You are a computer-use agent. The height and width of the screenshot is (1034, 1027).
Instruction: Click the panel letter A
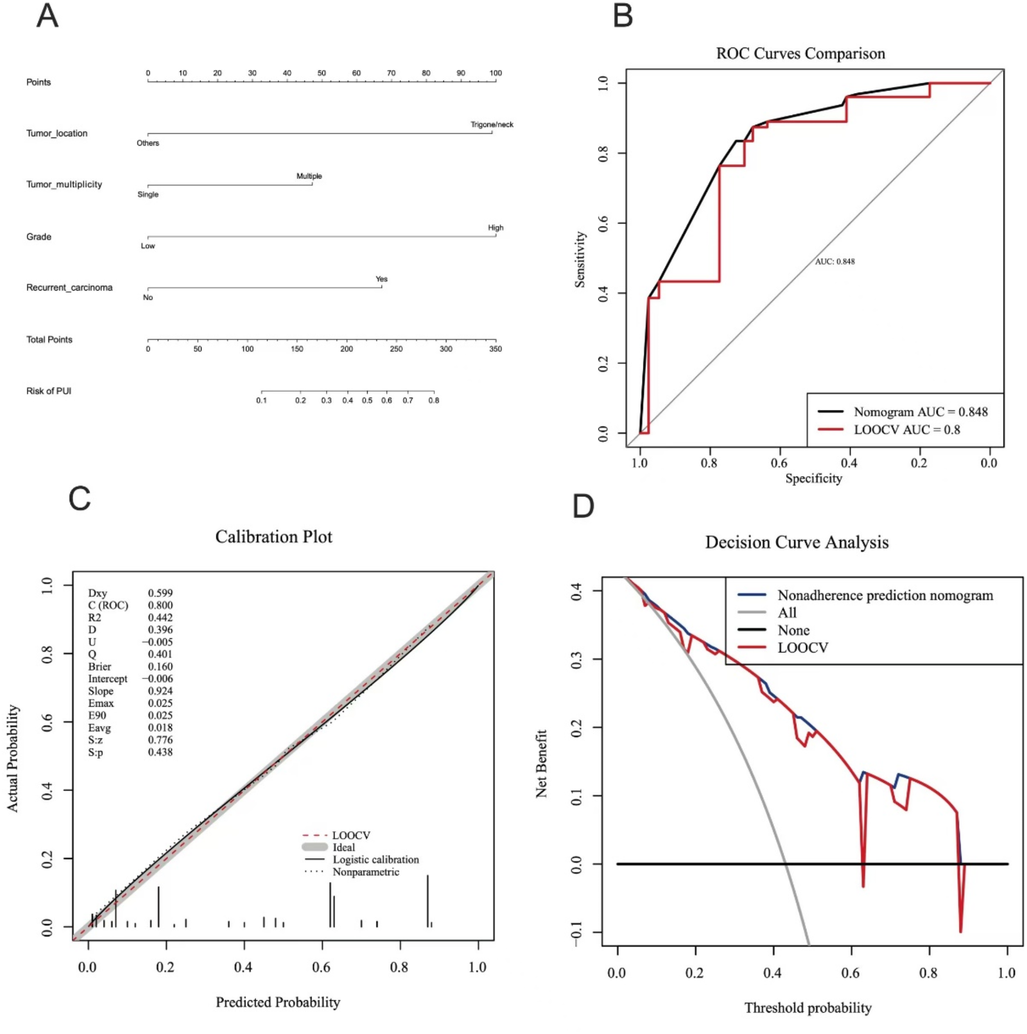[x=47, y=15]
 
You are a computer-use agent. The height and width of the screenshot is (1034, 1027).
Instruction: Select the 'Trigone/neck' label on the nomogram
[x=492, y=124]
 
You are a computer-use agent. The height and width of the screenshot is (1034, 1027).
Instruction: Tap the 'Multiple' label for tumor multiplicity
[x=309, y=175]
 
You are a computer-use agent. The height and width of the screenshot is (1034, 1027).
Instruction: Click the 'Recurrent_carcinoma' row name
[x=69, y=287]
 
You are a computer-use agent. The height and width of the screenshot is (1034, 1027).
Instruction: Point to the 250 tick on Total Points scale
[x=395, y=348]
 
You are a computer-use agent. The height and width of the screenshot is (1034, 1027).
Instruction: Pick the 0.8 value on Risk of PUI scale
[x=434, y=400]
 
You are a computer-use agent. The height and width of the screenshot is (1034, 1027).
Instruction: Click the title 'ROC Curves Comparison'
[x=800, y=54]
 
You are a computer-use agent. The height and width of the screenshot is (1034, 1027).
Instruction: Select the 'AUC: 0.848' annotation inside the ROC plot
[x=834, y=261]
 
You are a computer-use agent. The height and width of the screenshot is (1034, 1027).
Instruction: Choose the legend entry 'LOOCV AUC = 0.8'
[x=906, y=430]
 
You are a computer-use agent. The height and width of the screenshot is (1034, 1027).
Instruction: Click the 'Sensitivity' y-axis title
[x=579, y=260]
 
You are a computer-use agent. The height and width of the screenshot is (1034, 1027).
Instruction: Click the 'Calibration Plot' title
[x=274, y=537]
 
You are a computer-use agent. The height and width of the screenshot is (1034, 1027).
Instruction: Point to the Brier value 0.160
[x=160, y=666]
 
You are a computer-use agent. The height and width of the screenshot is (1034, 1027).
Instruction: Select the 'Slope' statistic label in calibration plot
[x=101, y=691]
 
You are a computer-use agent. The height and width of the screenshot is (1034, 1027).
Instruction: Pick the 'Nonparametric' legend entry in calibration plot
[x=366, y=872]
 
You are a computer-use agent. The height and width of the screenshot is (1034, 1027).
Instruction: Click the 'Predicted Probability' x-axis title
[x=277, y=1002]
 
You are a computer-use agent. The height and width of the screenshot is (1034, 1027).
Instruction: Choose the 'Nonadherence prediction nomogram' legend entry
[x=885, y=595]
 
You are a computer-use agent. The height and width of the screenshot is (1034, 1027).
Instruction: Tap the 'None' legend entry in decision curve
[x=793, y=630]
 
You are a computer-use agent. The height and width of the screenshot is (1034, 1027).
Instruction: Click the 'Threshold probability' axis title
[x=807, y=1008]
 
